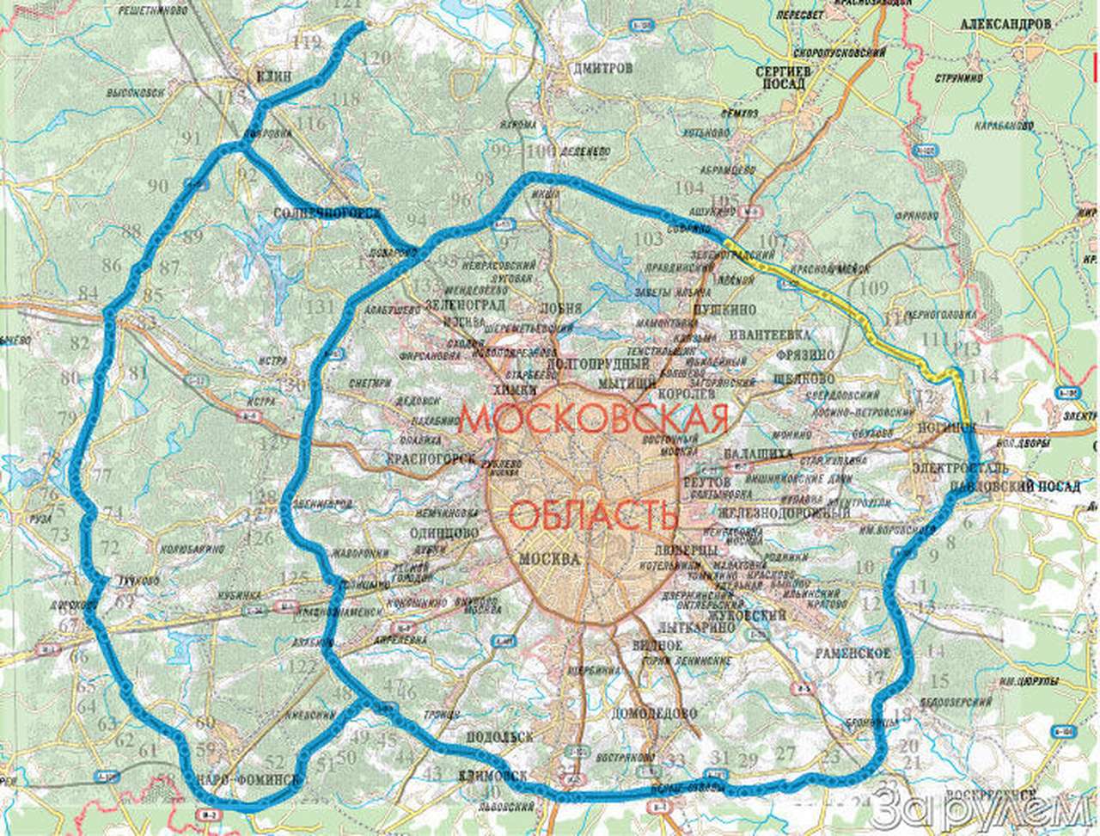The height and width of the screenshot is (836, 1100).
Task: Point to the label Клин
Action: point(274,76)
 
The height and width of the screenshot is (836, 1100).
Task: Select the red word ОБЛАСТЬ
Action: point(593,516)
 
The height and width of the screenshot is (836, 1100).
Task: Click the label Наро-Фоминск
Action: point(248,780)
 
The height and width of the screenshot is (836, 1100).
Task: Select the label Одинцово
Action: point(446,532)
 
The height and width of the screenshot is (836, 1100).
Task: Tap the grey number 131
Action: point(321,307)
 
